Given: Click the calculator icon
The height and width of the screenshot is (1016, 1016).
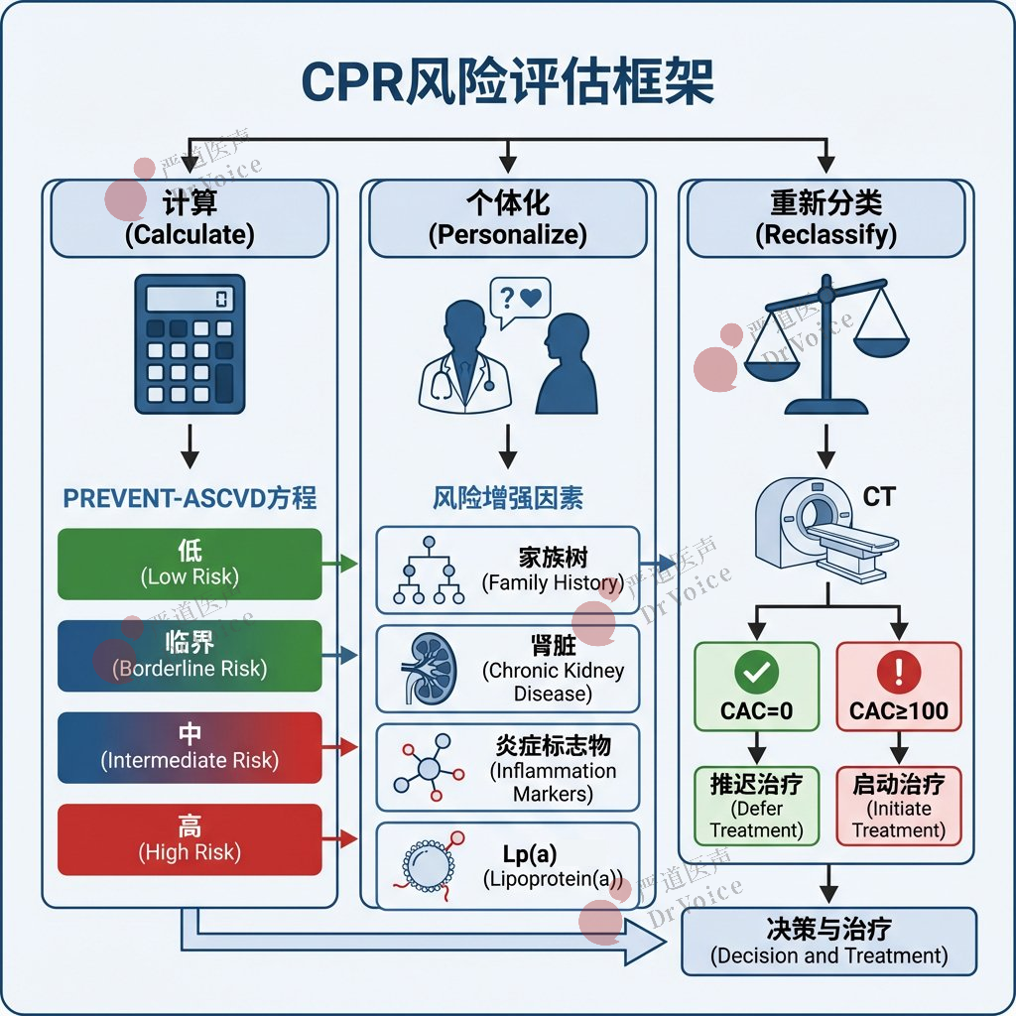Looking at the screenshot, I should pyautogui.click(x=190, y=343).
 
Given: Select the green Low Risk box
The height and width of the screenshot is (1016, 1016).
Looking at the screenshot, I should pyautogui.click(x=190, y=564).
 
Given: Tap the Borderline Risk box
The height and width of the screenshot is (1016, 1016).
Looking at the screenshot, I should pyautogui.click(x=190, y=655).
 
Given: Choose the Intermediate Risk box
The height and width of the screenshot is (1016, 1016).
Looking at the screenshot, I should pyautogui.click(x=190, y=747).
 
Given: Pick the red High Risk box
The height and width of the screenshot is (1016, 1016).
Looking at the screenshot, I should pyautogui.click(x=190, y=839).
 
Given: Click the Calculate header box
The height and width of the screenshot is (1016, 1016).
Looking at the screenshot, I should pyautogui.click(x=190, y=218).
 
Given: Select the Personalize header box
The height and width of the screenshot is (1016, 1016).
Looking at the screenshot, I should pyautogui.click(x=507, y=218).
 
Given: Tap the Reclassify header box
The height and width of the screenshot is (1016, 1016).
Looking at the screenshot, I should pyautogui.click(x=825, y=218).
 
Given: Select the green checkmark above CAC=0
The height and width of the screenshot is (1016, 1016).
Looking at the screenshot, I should pyautogui.click(x=756, y=674).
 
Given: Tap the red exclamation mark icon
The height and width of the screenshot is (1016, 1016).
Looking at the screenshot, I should pyautogui.click(x=899, y=674).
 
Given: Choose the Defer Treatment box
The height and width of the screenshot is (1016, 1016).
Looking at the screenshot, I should pyautogui.click(x=756, y=806).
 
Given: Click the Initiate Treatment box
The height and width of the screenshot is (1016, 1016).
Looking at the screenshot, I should pyautogui.click(x=899, y=806).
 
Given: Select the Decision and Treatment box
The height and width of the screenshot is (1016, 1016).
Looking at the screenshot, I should pyautogui.click(x=829, y=942).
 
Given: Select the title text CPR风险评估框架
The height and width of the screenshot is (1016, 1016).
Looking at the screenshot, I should pyautogui.click(x=507, y=83).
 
